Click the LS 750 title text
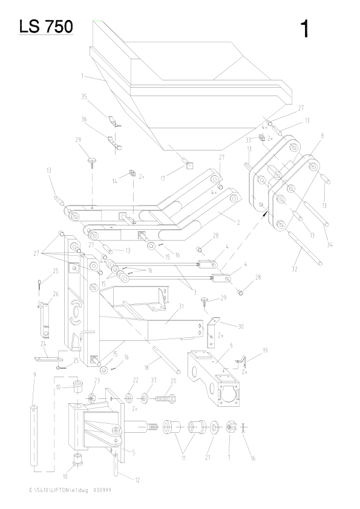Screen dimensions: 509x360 pos(46,27)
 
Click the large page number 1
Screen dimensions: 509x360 pos(306,28)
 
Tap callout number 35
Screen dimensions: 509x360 pos(84,96)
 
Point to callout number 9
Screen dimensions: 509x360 pos(34,375)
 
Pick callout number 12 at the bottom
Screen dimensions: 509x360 pos(137,480)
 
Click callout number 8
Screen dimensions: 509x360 pos(322,137)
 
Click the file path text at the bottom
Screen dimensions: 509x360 pos(67,490)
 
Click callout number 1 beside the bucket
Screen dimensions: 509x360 pos(81,76)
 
